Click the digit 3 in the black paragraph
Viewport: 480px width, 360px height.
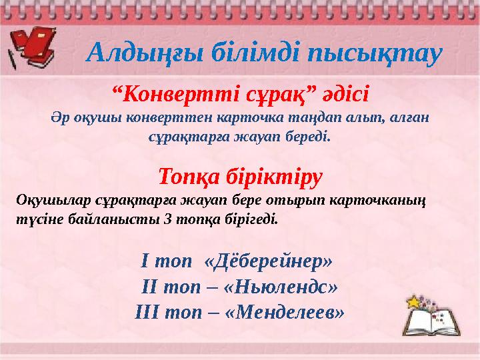pyautogui.click(x=166, y=218)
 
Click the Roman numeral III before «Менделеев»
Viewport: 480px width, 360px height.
pyautogui.click(x=148, y=311)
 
